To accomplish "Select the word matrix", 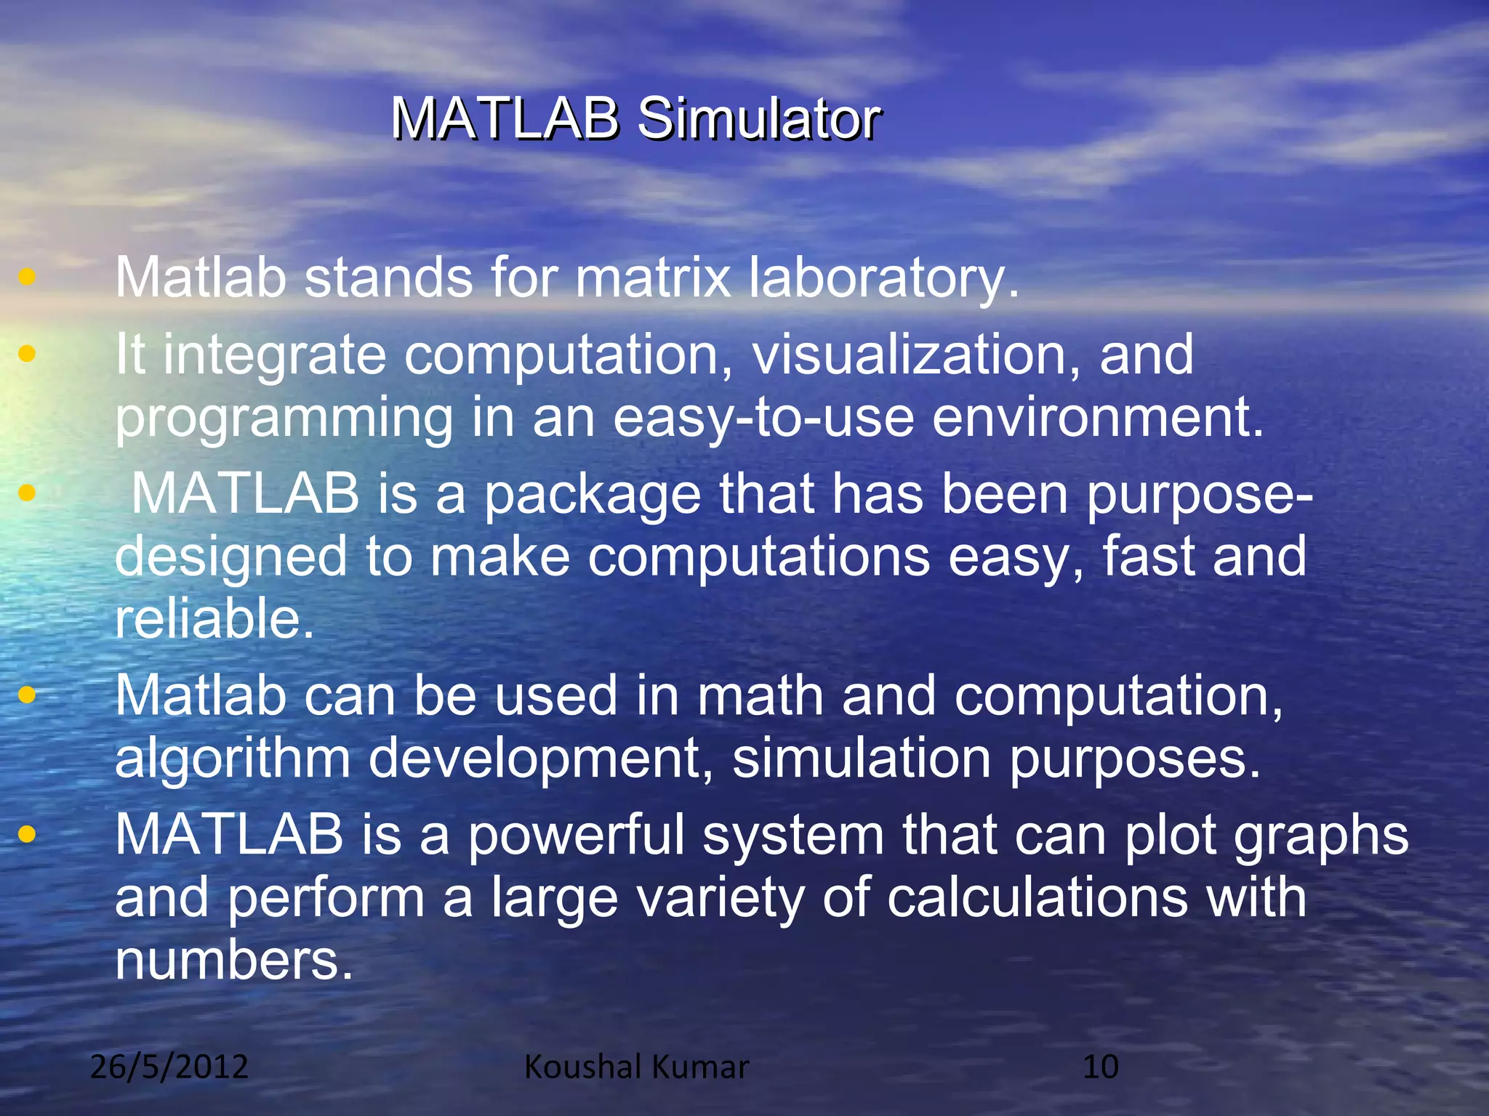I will click(653, 278).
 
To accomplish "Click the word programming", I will click(284, 418).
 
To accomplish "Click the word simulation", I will click(862, 759).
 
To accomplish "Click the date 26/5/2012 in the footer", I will click(169, 1067).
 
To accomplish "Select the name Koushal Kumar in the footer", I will click(636, 1067).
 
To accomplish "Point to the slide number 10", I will click(1100, 1067).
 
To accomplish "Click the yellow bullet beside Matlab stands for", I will click(27, 277).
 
